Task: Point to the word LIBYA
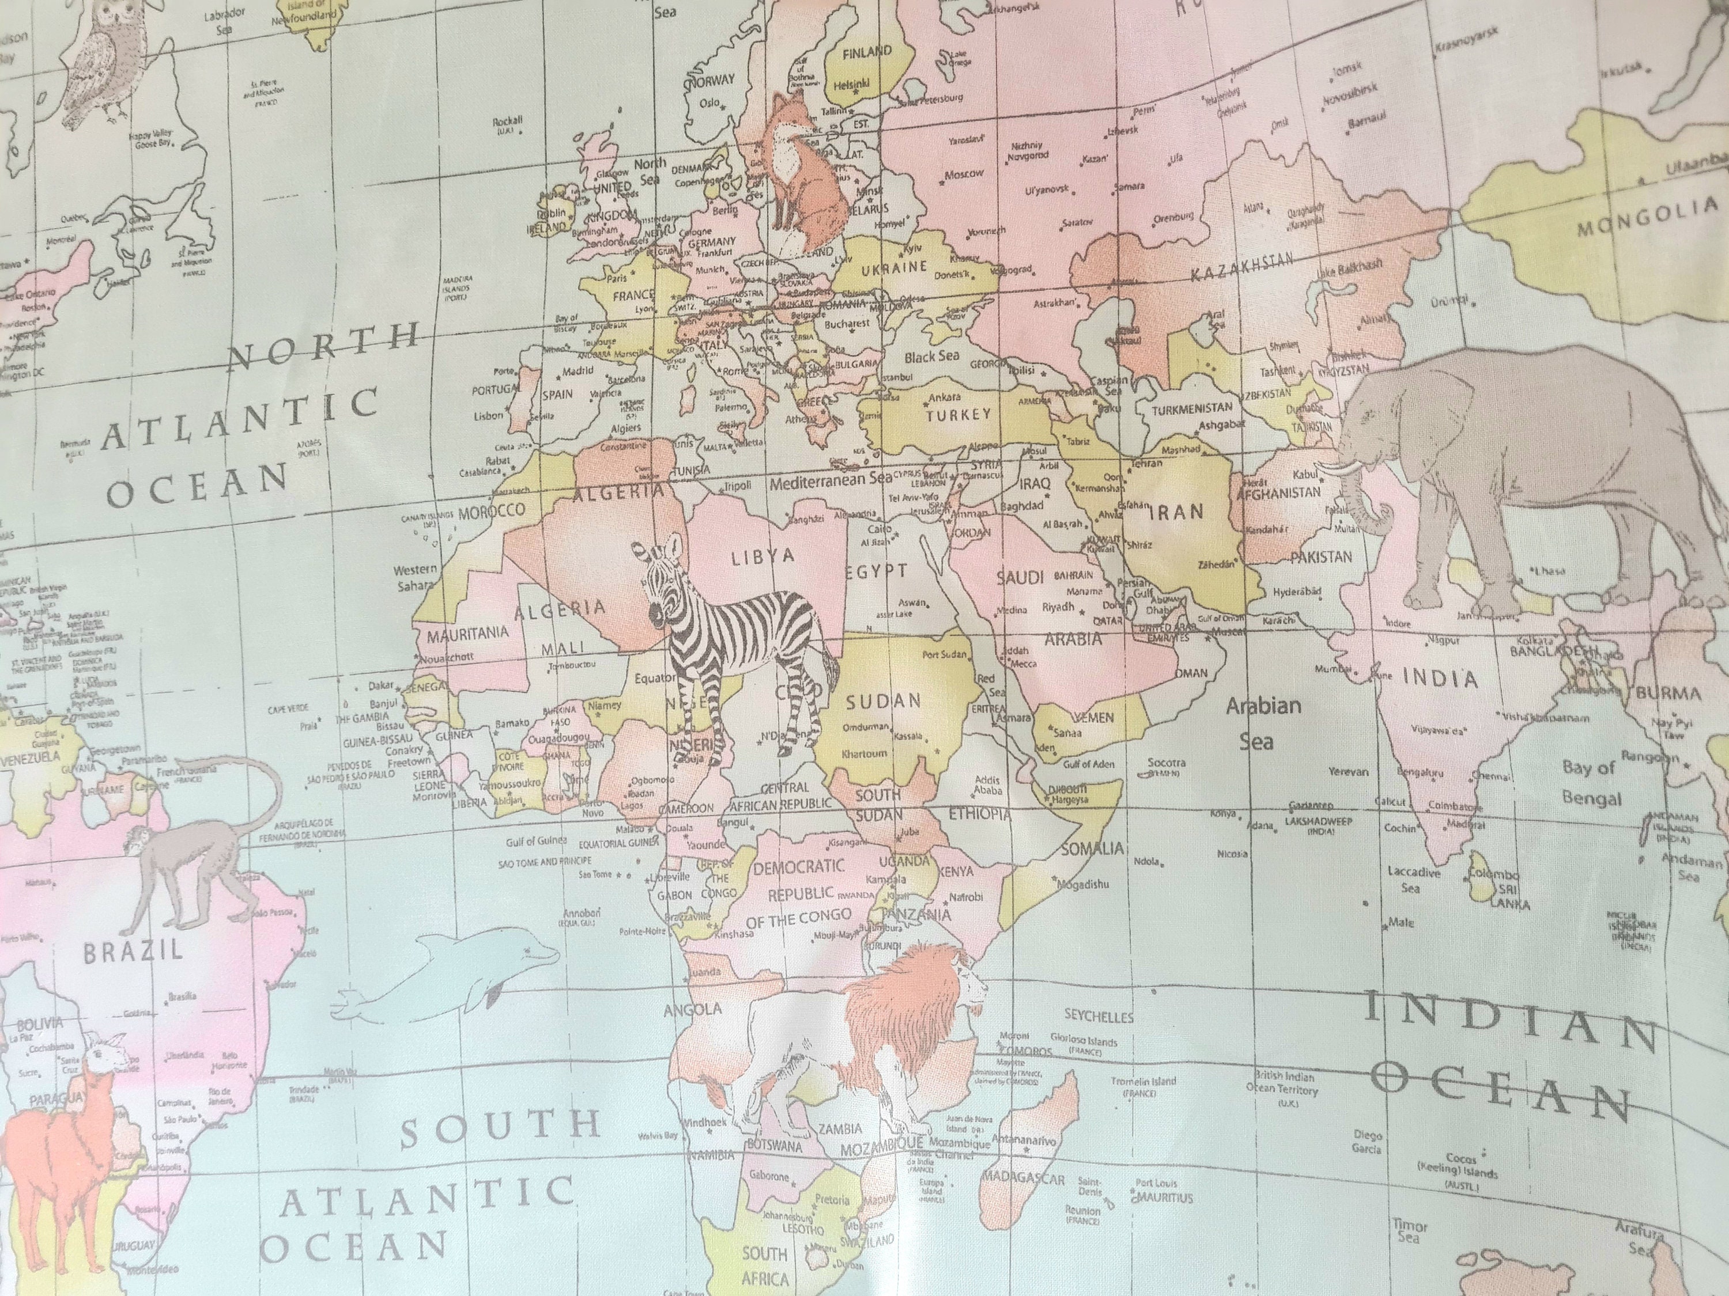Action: (x=762, y=557)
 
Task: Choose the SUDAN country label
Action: (x=884, y=702)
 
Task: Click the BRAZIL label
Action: (x=133, y=952)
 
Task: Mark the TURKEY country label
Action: (x=958, y=415)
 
